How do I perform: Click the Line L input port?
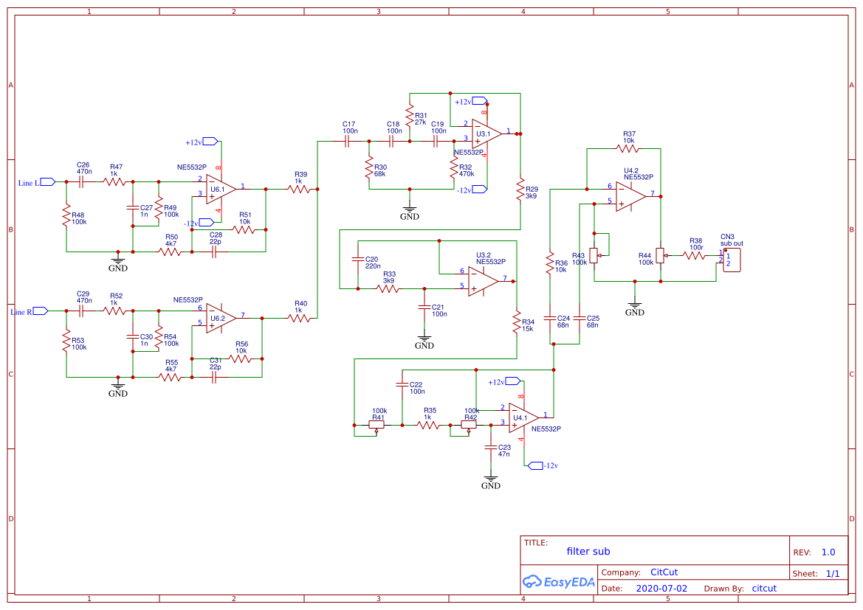point(48,181)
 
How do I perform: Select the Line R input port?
point(40,311)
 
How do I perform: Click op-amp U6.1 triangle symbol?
point(220,189)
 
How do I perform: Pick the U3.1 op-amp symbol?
point(486,134)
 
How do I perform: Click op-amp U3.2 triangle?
point(482,280)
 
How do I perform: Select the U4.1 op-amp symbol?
point(523,417)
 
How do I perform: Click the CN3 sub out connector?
point(731,260)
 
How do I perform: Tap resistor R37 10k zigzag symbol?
point(628,148)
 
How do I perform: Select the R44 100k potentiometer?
point(661,257)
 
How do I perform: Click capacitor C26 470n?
point(83,181)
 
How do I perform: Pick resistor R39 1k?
point(299,190)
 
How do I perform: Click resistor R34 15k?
point(517,322)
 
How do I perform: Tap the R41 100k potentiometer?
point(377,425)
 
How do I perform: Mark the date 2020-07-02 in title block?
point(661,589)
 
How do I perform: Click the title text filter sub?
point(588,551)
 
